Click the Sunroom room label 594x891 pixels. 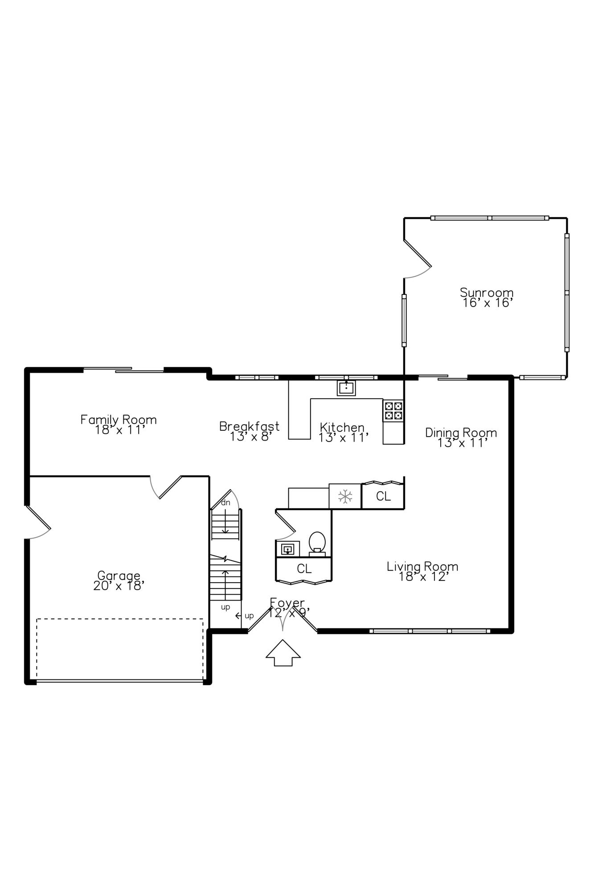[x=487, y=298]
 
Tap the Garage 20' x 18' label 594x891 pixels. [x=119, y=580]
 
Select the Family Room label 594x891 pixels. [x=119, y=425]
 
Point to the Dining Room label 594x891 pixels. [x=461, y=437]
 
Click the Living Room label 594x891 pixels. [x=422, y=572]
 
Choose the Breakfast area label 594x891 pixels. [x=250, y=431]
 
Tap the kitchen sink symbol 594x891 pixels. [x=346, y=388]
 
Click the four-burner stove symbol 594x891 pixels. [x=393, y=411]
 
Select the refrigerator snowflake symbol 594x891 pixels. [x=345, y=496]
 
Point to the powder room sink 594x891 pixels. [x=287, y=549]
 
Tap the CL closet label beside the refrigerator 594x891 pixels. [x=383, y=496]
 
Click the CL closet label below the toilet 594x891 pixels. [x=304, y=568]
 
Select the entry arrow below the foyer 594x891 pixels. [x=283, y=653]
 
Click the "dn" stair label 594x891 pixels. [x=226, y=503]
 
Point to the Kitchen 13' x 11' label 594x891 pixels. [x=343, y=432]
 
